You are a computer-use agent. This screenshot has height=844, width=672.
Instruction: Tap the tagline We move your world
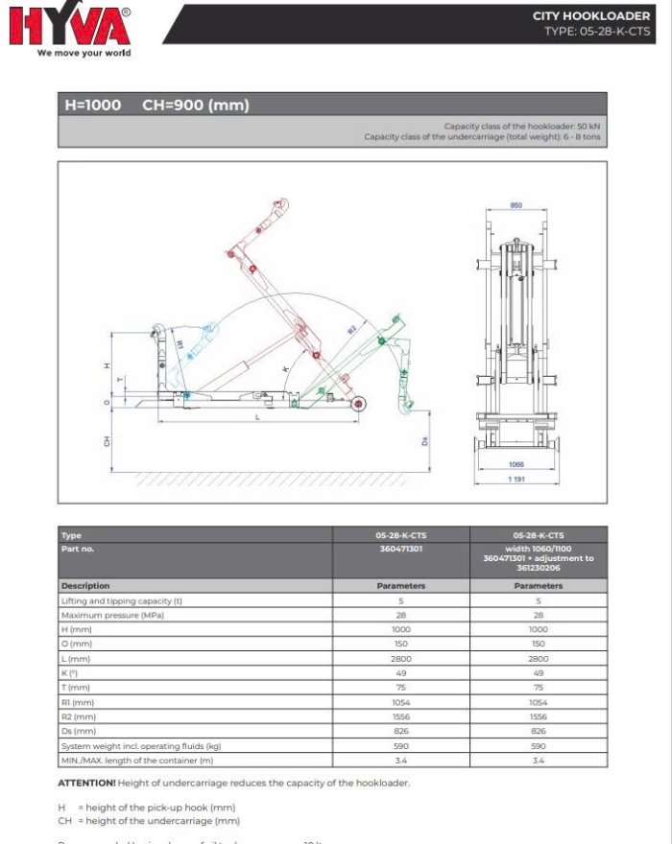84,54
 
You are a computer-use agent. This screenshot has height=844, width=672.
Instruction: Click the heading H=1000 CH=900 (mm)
156,105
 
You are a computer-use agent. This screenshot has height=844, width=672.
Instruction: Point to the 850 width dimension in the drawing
516,206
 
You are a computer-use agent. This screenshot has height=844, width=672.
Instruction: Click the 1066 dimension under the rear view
516,464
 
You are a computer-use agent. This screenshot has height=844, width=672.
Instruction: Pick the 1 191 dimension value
516,479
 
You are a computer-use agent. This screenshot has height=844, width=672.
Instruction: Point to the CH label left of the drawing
108,440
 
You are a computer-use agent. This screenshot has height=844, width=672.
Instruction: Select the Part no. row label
78,550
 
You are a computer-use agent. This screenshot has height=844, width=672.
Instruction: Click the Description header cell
85,585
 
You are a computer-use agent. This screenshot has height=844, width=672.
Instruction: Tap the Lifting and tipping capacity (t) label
121,600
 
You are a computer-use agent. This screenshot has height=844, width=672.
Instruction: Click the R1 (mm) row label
77,702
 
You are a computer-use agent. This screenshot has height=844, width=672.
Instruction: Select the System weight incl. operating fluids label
141,745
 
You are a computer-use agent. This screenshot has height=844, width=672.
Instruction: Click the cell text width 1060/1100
538,550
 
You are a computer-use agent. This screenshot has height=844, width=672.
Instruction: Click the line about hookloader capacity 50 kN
522,126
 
